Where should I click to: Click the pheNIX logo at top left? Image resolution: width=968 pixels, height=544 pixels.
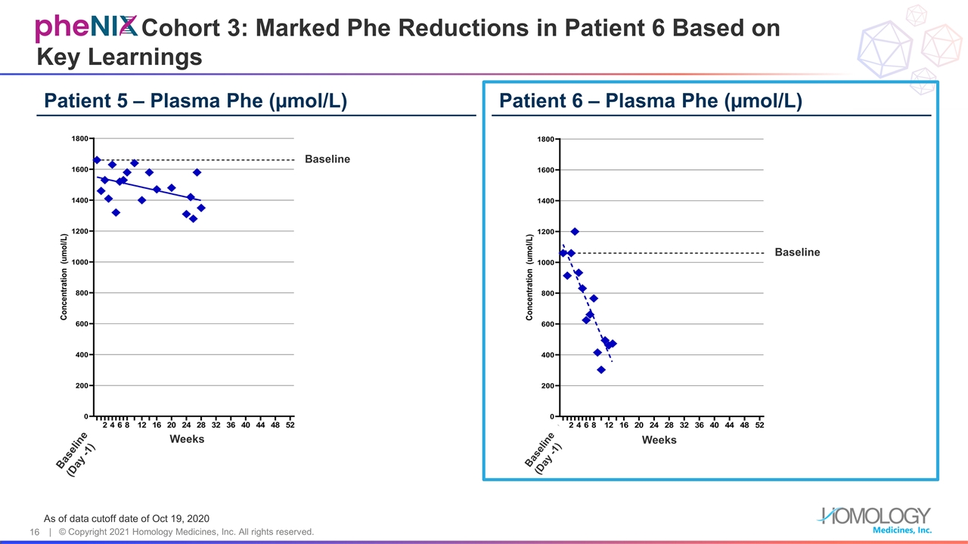point(85,28)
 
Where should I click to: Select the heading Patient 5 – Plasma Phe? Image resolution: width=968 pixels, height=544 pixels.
point(196,101)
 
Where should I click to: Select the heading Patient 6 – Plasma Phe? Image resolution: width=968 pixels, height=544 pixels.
point(650,101)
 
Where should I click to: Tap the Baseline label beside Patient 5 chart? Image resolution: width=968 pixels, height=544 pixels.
point(327,159)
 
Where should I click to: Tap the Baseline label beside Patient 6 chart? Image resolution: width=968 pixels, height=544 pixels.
point(797,252)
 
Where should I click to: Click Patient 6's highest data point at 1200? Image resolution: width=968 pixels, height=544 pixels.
point(575,231)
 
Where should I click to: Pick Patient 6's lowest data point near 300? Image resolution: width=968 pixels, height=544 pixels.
point(601,369)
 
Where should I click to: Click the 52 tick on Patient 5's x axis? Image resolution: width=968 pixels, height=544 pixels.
point(290,425)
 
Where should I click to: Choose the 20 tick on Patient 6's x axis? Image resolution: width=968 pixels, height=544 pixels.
point(639,425)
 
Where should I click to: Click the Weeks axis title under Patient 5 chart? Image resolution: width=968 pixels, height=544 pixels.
point(187,439)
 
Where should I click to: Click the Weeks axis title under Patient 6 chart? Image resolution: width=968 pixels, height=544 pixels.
point(659,440)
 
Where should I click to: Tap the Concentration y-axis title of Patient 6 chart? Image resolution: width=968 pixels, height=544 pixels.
point(529,277)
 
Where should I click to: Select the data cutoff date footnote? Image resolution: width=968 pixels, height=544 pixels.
point(126,518)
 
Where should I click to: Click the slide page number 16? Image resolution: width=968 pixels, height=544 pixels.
point(34,533)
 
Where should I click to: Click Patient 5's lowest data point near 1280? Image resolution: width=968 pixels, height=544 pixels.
point(194,219)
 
